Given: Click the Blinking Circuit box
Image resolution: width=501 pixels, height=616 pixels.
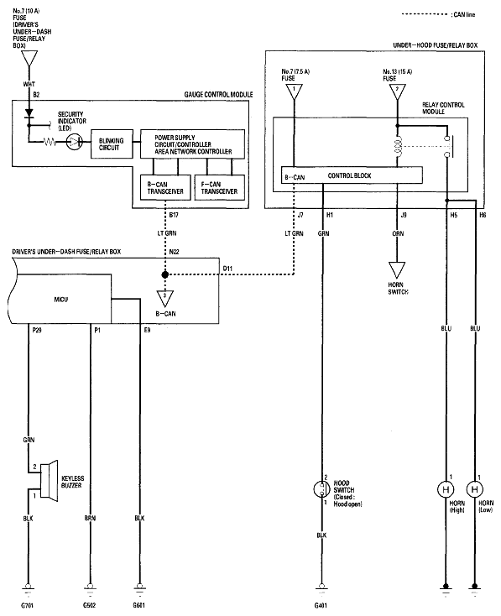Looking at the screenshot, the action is (x=112, y=144).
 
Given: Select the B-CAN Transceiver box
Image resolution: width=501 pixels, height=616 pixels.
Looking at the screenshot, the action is (x=165, y=187).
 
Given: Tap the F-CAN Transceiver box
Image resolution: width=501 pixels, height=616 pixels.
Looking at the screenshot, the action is (x=220, y=187).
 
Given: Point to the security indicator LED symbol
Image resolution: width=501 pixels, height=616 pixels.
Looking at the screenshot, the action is (x=74, y=142).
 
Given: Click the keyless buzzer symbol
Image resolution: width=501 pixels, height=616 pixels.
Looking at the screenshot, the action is (x=49, y=480).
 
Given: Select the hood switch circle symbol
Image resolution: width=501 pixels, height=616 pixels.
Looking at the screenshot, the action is (x=321, y=489).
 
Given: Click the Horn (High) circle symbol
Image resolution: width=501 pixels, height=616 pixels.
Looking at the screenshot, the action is (x=446, y=489).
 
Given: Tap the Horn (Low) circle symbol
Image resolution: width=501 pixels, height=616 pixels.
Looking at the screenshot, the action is (x=475, y=489).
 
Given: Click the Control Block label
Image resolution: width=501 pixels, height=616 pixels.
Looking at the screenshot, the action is (x=349, y=175).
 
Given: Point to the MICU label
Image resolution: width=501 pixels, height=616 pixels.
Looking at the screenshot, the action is (x=61, y=300).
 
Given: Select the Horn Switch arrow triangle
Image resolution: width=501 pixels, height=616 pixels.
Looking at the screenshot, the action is (x=397, y=270).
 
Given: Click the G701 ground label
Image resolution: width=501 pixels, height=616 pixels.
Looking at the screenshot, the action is (x=28, y=605).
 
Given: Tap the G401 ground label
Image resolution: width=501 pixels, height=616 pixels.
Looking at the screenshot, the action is (x=321, y=605).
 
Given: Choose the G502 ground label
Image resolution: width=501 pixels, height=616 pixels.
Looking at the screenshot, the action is (x=90, y=605).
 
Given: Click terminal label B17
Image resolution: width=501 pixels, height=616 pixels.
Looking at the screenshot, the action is (x=174, y=216).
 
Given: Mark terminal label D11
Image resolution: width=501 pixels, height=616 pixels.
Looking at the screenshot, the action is (x=227, y=269).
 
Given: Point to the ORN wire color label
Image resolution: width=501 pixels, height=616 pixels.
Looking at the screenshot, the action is (x=398, y=233).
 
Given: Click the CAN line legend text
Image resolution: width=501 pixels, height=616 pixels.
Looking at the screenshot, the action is (x=463, y=14).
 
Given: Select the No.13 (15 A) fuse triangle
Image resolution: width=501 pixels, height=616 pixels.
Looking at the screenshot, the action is (x=397, y=92).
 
